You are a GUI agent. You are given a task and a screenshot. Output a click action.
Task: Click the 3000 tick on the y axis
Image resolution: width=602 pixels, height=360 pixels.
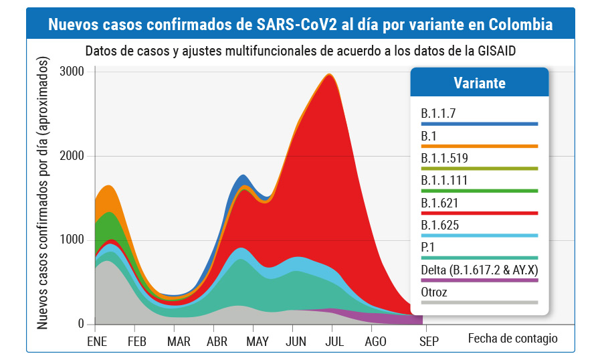click(71, 72)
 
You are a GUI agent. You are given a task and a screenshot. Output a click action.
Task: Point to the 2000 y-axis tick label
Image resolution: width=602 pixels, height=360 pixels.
click(71, 156)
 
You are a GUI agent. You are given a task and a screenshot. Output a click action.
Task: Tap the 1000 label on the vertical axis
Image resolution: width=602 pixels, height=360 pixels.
click(71, 240)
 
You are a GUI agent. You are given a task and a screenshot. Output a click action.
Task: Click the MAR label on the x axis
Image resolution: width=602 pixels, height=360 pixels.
click(179, 341)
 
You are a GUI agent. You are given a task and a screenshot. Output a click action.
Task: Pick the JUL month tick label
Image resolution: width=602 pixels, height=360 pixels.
click(334, 341)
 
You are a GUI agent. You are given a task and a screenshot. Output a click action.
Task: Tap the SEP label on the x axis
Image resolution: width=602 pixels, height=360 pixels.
click(428, 341)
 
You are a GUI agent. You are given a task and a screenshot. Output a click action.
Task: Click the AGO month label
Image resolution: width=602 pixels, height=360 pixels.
click(376, 341)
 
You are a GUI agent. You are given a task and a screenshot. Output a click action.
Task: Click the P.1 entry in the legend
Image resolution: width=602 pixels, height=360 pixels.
click(429, 247)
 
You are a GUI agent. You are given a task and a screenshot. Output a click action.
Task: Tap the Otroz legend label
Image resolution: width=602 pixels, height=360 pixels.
click(434, 292)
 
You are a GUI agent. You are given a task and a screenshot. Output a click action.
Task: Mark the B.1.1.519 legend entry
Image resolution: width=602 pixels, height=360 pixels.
click(445, 158)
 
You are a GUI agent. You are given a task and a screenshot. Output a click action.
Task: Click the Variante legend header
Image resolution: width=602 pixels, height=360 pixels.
click(479, 83)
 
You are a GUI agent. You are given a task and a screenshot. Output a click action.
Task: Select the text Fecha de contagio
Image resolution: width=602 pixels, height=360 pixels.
click(512, 338)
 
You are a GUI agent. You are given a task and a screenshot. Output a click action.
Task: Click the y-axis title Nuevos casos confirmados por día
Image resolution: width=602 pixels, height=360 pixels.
click(43, 194)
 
